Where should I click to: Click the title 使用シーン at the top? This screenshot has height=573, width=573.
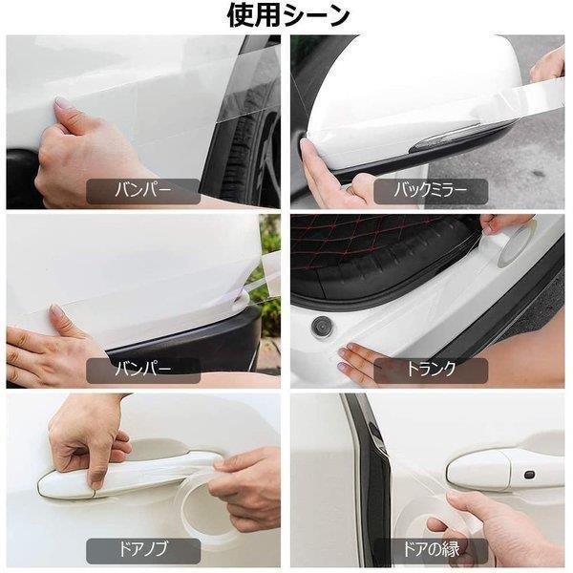coord(287,16)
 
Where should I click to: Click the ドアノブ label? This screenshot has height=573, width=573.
coord(143,551)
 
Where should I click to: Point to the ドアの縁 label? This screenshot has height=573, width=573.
coord(431,551)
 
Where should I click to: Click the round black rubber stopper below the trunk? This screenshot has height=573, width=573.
coord(320,326)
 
